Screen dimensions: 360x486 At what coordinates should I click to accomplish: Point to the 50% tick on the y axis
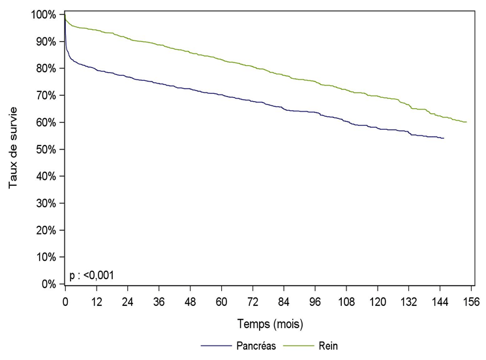tap(46, 149)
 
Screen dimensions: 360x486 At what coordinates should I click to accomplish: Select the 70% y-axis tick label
tap(46, 95)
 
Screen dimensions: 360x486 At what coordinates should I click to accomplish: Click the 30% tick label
tap(46, 203)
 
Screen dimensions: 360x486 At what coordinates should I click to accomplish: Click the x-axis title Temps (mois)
tap(269, 323)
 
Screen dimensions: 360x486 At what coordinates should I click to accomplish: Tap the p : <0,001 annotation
tap(91, 275)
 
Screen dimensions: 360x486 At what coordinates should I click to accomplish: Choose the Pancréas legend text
tap(258, 346)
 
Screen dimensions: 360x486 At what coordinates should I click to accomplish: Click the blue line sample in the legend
tap(218, 346)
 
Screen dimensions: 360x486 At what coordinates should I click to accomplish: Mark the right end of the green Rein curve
tap(466, 122)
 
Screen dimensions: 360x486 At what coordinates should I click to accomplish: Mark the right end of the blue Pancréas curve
tap(444, 138)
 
